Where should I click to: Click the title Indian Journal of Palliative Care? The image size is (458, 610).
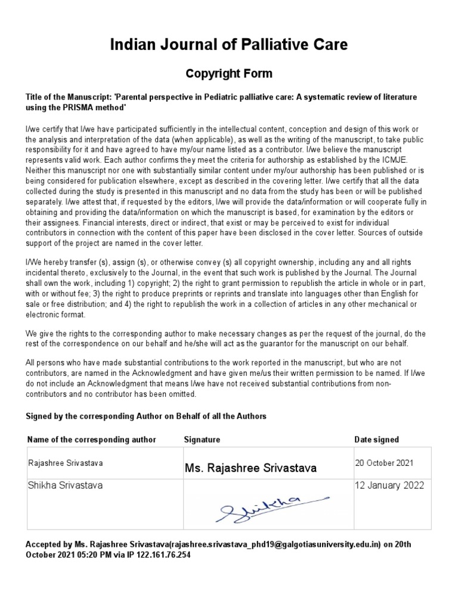pos(229,44)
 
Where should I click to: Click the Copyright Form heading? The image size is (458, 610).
pos(229,74)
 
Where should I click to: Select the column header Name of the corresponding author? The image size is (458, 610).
pos(92,440)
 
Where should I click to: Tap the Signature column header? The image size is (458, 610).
pos(202,440)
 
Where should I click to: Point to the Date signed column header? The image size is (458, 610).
pos(377,440)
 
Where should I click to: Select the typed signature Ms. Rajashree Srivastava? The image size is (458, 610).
pos(250,468)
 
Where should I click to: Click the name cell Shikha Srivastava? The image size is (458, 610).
pos(66,485)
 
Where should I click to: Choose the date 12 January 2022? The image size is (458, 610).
pos(389,485)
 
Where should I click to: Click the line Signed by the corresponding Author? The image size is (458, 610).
pos(146,416)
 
